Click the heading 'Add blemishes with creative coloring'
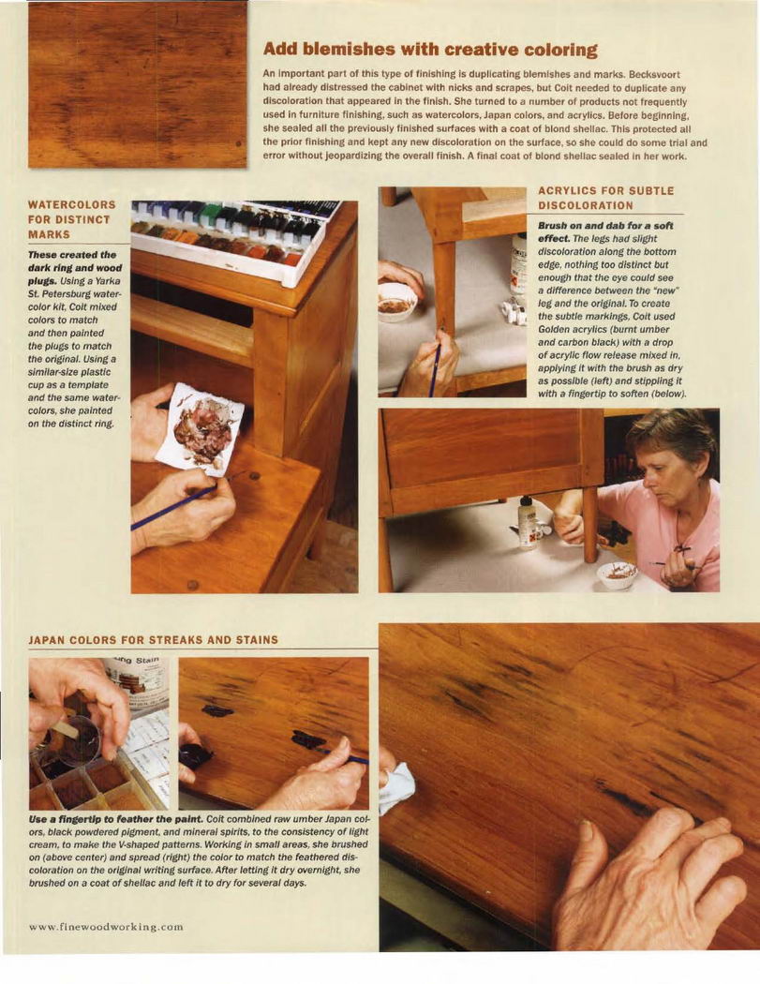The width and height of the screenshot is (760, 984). (430, 50)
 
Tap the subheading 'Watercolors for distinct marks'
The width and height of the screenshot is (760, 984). (71, 219)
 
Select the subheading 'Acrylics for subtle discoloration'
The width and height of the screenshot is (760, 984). (605, 198)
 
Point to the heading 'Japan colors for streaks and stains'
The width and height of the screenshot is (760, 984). (153, 640)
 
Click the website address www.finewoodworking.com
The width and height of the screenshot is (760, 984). (106, 926)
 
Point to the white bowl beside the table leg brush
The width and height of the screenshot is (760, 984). (397, 302)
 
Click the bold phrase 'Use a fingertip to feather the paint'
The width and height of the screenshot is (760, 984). (116, 820)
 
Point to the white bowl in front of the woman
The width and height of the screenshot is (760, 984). (617, 574)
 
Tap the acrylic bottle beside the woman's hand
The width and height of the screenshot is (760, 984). (528, 521)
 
